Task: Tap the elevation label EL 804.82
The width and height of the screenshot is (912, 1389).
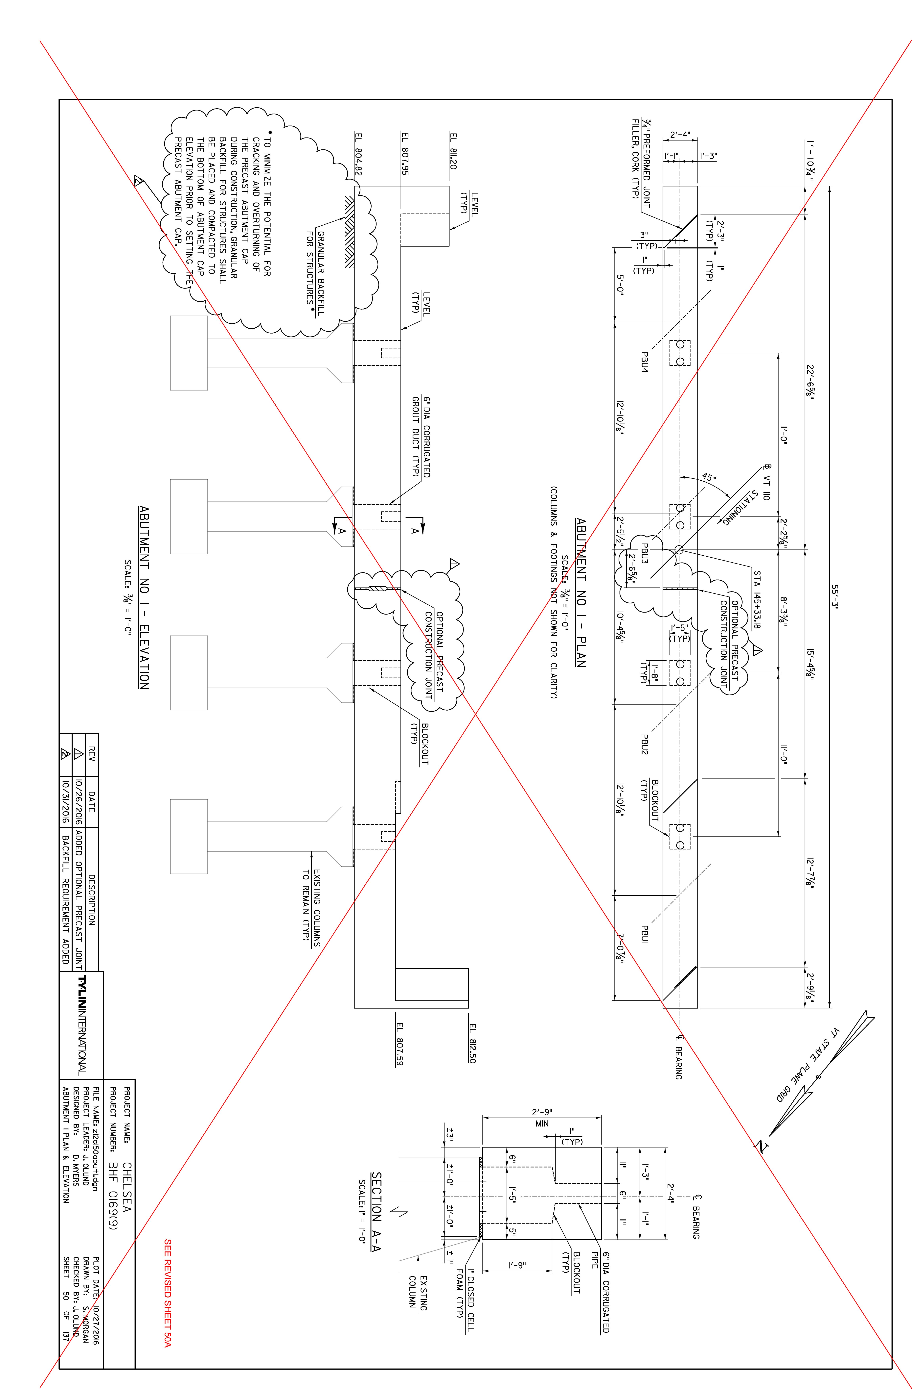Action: [358, 155]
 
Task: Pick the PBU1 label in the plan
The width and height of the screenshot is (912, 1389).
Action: [645, 934]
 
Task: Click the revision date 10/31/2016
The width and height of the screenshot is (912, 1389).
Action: [66, 799]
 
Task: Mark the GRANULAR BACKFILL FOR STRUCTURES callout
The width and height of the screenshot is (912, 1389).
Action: [315, 267]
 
